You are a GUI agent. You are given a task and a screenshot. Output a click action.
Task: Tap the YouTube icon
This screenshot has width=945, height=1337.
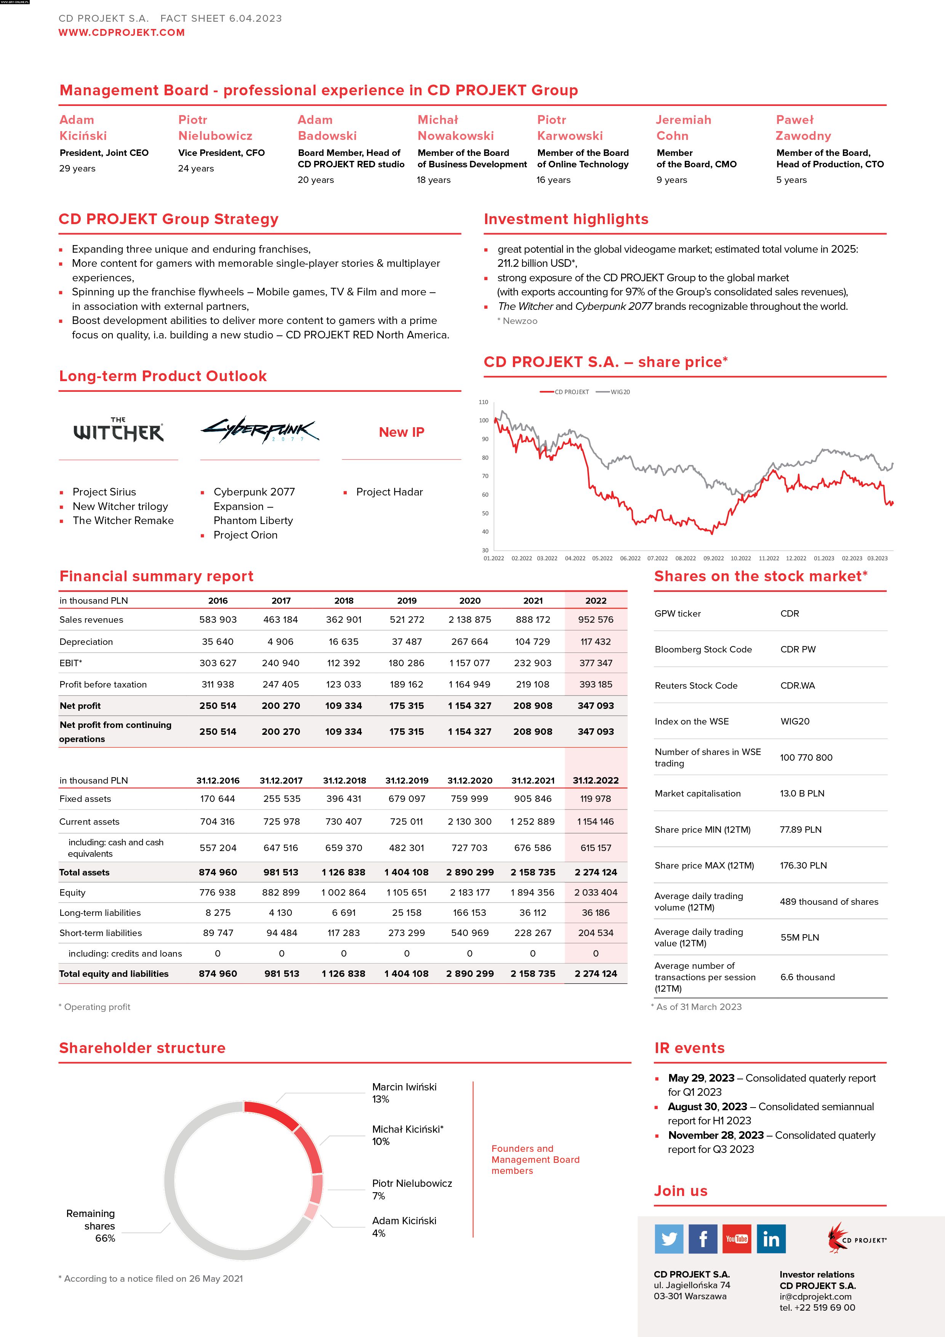(x=737, y=1239)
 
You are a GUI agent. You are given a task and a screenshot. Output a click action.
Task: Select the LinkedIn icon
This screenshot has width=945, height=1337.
(x=771, y=1239)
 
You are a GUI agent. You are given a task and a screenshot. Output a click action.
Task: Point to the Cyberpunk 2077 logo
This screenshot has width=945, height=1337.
(x=260, y=430)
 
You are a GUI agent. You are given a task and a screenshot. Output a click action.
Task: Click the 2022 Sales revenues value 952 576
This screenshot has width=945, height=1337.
(x=596, y=620)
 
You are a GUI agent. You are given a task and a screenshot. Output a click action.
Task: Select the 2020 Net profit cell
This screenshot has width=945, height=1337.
(x=469, y=706)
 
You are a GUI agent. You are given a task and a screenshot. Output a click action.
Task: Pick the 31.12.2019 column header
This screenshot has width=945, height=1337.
(x=407, y=780)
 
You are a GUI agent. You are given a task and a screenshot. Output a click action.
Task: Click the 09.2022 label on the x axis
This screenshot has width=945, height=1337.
(x=713, y=558)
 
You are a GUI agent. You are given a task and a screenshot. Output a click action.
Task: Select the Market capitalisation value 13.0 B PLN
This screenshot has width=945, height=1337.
(x=802, y=793)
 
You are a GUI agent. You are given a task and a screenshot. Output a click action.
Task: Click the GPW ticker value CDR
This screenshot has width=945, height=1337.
(x=790, y=613)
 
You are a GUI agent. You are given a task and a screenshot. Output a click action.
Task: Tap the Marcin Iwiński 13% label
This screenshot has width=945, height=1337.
(x=404, y=1093)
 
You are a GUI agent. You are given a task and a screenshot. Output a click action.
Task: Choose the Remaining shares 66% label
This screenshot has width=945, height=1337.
(x=93, y=1226)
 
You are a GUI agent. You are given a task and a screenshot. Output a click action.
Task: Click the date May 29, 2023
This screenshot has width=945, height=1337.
(x=701, y=1078)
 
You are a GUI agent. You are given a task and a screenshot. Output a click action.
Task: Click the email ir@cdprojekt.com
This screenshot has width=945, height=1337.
(x=815, y=1296)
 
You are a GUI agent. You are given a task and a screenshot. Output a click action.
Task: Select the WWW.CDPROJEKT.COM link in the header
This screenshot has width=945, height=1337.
(x=121, y=33)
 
